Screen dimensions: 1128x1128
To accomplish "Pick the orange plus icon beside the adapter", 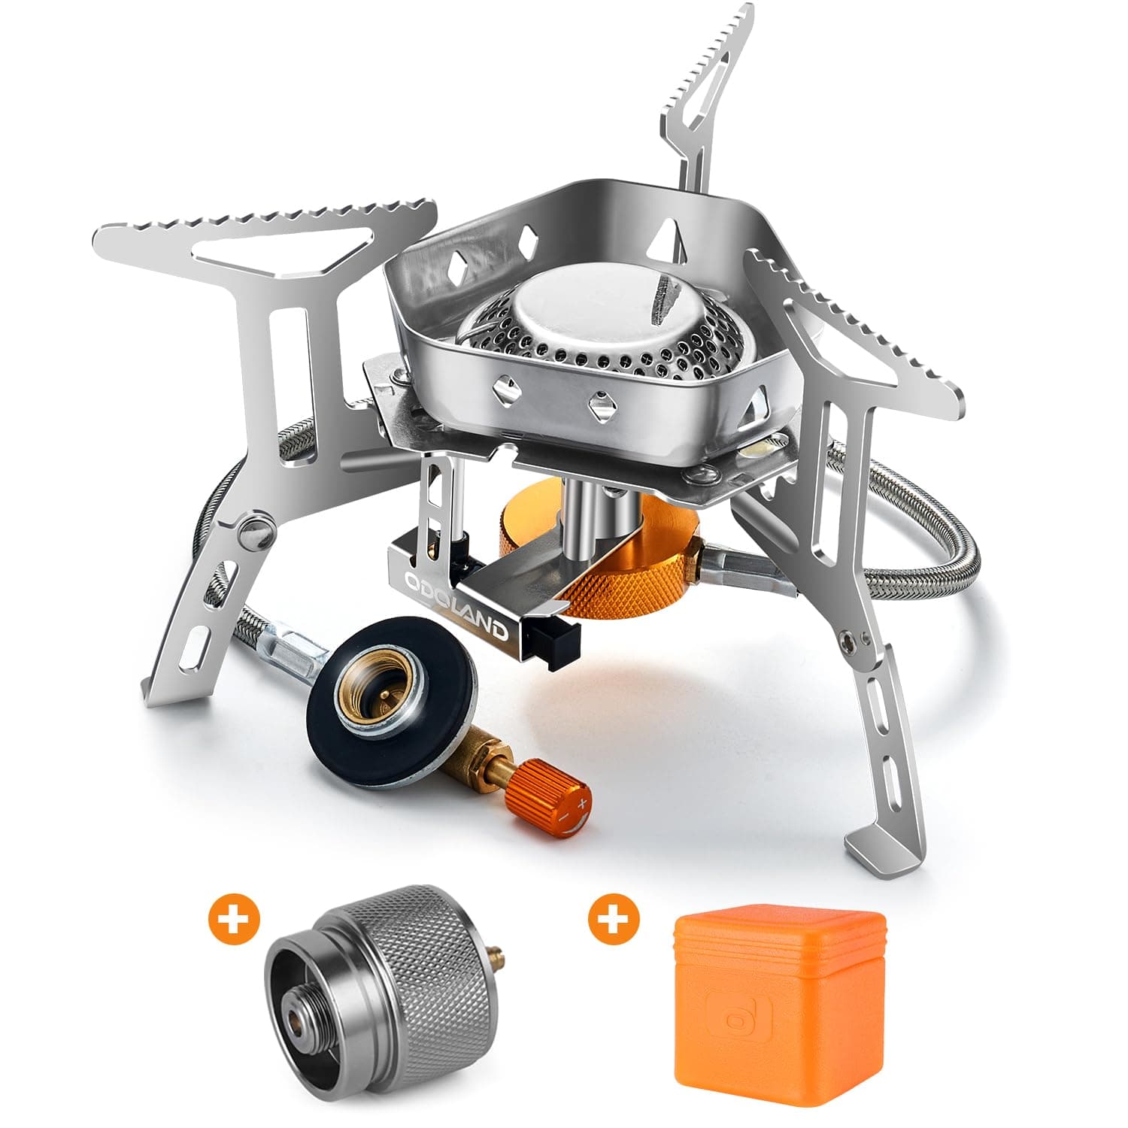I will (233, 919).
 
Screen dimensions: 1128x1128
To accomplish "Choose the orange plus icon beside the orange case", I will (614, 919).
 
